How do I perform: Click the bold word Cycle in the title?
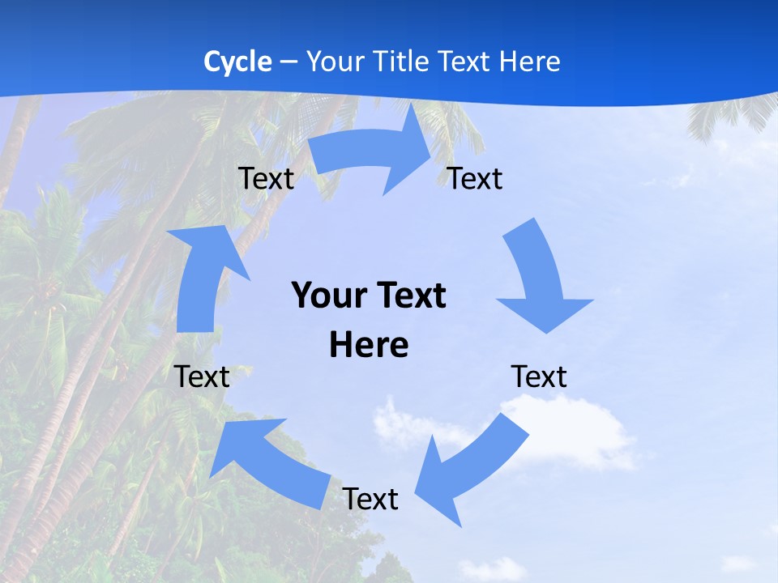coord(237,62)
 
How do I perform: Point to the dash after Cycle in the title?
coord(289,62)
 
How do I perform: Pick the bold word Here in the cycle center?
coord(369,345)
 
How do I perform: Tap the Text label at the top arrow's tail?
coord(266,178)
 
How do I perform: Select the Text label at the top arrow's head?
coord(475,178)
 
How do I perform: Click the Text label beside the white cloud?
coord(539,377)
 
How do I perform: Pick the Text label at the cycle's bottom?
coord(370,499)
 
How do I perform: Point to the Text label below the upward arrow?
coord(202,377)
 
